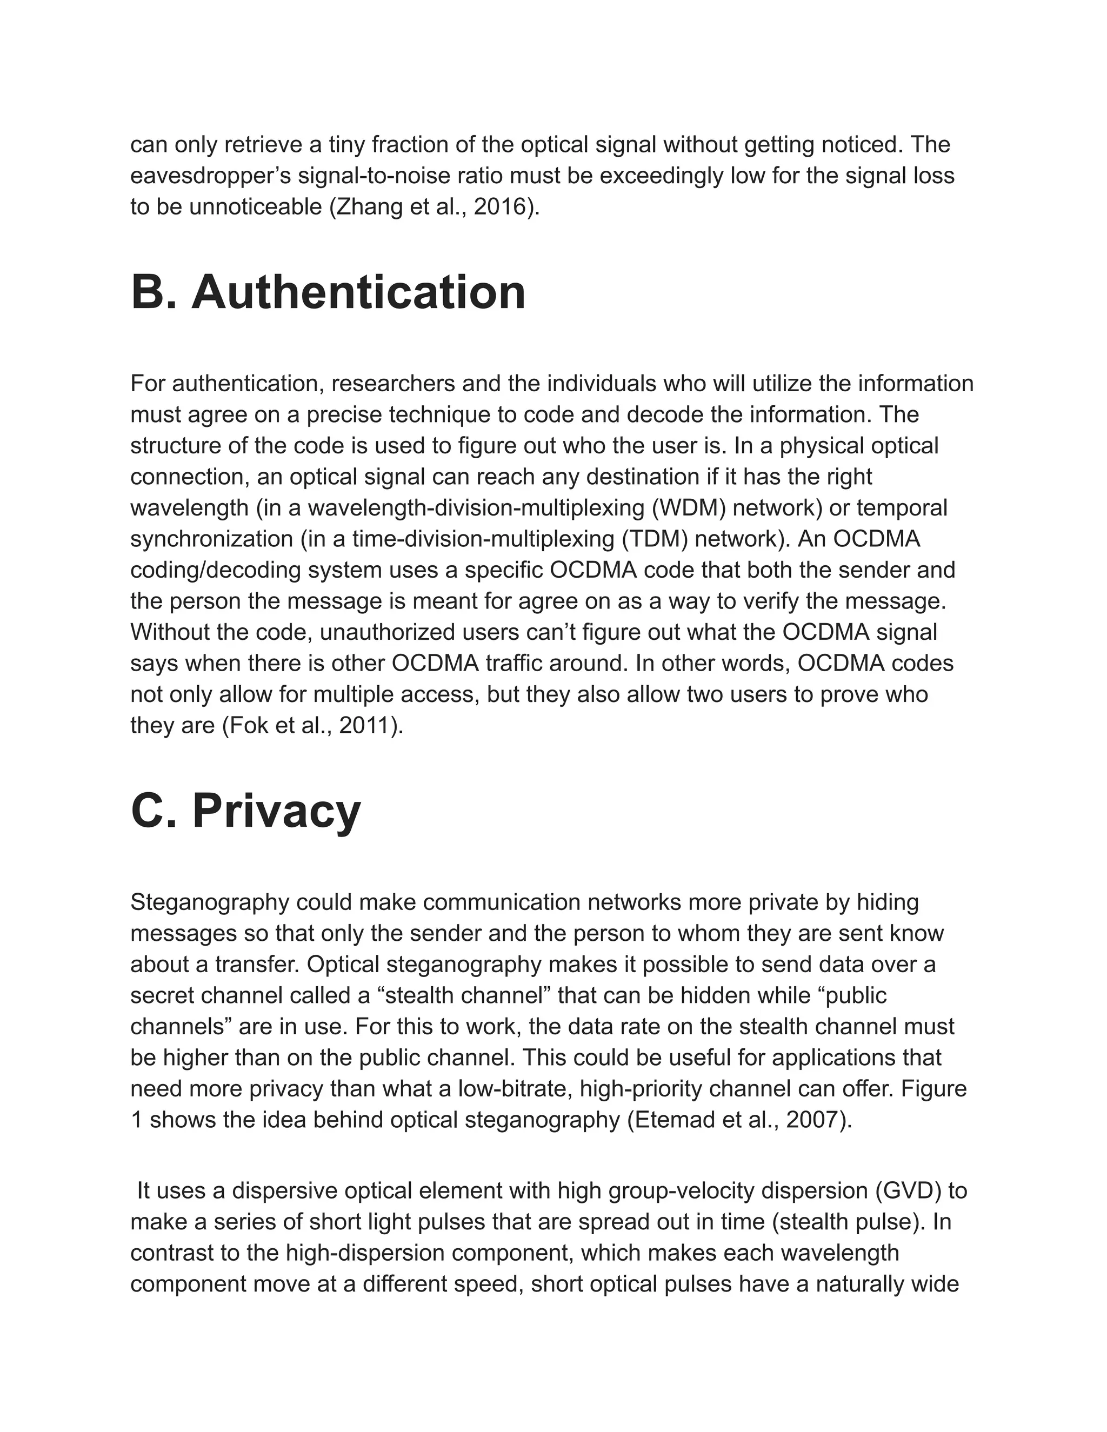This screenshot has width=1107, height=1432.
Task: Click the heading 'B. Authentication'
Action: (x=328, y=292)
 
